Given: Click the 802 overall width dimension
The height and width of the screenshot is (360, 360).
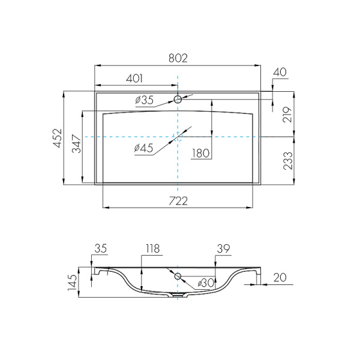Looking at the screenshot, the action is coord(178,58).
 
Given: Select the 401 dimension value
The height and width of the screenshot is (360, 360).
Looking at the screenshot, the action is coord(134,79).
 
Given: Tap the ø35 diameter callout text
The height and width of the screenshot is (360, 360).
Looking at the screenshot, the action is coord(144,100).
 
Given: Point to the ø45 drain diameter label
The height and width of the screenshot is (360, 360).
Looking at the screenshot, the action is coord(143,148).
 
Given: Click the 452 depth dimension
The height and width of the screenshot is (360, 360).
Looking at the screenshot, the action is coord(58,138).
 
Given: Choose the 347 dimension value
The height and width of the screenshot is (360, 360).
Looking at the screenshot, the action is coord(77,144).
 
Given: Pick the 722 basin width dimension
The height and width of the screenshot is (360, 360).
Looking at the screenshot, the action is coord(178,201).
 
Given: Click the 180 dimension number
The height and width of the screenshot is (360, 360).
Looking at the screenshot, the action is coord(201,153).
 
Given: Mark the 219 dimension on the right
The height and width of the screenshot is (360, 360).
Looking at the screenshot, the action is coord(287,115).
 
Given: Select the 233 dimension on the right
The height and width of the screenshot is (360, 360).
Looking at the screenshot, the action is coord(288,161).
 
